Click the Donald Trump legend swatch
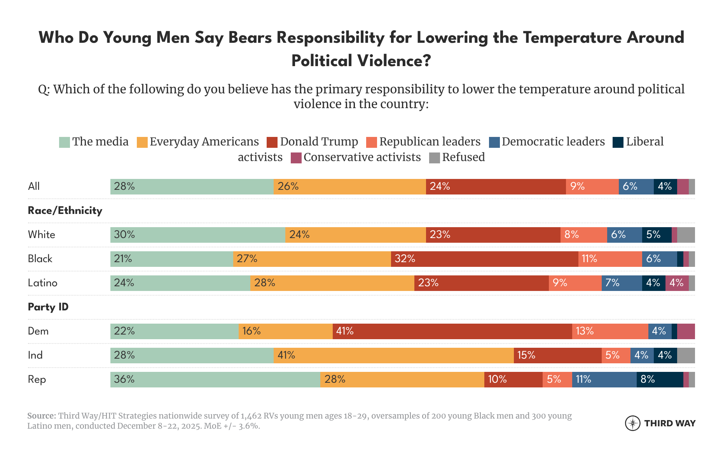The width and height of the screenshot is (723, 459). tap(272, 142)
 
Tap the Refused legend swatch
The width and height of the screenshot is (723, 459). tap(434, 158)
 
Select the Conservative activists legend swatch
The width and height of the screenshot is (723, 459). tap(296, 158)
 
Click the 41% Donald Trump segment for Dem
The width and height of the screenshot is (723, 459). tap(452, 331)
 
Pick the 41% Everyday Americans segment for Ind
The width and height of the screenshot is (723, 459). tap(393, 356)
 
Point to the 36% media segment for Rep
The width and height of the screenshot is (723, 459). tap(215, 380)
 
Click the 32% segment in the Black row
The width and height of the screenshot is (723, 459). tap(484, 259)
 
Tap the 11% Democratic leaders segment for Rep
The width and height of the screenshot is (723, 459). tap(604, 380)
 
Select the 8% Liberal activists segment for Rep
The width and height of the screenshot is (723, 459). tap(660, 380)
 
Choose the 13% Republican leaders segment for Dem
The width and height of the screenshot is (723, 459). tap(610, 331)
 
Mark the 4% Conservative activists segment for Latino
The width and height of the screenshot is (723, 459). tap(677, 283)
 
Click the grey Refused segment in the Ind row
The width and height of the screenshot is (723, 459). tap(686, 356)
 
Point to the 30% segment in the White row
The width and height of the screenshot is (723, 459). tap(197, 235)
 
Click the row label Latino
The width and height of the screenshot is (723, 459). tap(42, 283)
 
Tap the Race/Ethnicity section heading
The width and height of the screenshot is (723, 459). tap(65, 211)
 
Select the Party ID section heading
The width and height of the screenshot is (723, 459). tap(48, 307)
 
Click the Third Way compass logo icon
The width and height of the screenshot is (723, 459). tap(632, 423)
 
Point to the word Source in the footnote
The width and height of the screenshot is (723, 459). tap(41, 416)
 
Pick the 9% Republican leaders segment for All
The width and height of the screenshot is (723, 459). tap(592, 187)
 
